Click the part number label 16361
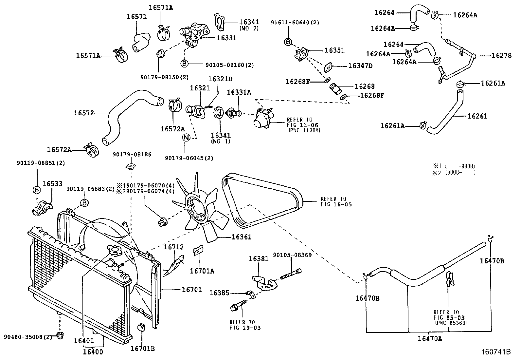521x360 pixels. pos(242,237)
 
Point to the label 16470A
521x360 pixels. pos(430,339)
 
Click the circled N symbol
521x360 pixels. pos(186,138)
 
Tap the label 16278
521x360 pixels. pos(501,56)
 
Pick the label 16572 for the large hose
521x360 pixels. pos(84,113)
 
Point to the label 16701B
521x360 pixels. pos(142,349)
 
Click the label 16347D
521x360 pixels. pos(360,66)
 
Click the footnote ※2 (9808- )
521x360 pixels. pos(453,172)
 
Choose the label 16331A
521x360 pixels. pos(239,93)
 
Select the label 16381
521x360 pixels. pos(259,259)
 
